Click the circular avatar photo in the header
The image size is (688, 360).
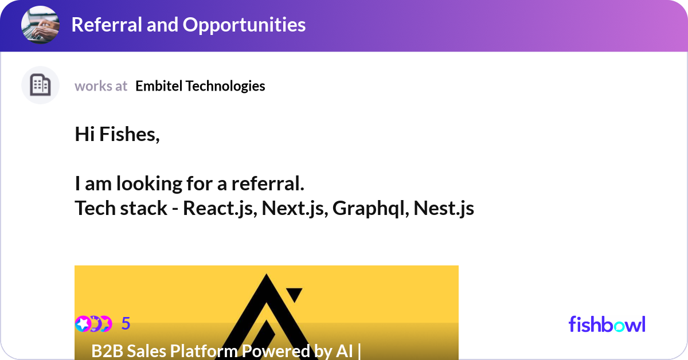[40, 25]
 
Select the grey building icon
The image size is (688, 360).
[40, 85]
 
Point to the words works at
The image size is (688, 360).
[101, 86]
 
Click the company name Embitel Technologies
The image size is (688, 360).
[200, 86]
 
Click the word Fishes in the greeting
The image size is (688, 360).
[129, 135]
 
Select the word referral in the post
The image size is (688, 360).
[267, 184]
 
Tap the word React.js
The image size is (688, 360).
[220, 208]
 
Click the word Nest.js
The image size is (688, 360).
[444, 208]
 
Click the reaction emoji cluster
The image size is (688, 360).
[93, 324]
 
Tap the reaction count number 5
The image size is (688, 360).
[126, 324]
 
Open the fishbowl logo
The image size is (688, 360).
[607, 324]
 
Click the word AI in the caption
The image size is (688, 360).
[344, 351]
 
